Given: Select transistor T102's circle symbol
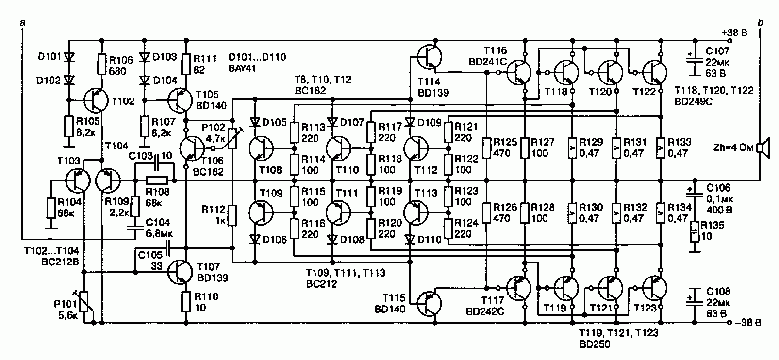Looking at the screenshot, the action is (96, 100).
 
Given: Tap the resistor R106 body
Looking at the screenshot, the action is (101, 64).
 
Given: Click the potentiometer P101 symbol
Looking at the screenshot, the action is (84, 302).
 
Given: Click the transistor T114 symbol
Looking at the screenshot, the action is (430, 57).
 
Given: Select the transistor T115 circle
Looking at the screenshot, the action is (430, 304).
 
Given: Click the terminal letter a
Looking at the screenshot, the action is (23, 23).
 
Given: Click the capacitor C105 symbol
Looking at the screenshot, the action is (168, 248).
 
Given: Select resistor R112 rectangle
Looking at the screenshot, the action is (232, 215).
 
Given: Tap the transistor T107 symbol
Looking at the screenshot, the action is (180, 272).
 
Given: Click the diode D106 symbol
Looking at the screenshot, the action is (255, 239).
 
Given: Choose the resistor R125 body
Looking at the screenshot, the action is (486, 147).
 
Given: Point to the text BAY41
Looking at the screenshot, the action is (242, 68).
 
